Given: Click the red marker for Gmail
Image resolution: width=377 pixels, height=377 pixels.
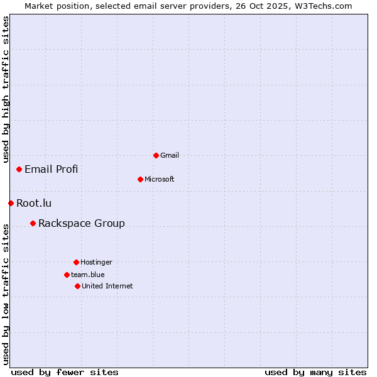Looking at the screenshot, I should (x=156, y=155).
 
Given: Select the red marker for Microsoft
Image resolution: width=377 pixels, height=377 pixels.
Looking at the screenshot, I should (x=140, y=179).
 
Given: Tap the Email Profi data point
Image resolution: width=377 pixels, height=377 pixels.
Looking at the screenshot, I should (x=19, y=169).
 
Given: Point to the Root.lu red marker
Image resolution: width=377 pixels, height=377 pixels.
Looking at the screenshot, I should (x=11, y=203).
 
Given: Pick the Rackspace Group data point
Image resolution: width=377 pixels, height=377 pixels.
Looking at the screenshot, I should (x=33, y=223).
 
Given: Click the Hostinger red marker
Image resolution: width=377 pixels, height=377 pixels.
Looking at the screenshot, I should (x=76, y=262).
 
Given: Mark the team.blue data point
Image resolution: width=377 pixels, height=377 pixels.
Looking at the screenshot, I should (x=67, y=275).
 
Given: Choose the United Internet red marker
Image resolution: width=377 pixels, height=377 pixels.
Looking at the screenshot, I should (x=77, y=286).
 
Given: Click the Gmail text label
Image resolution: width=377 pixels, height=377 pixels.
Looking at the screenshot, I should (x=170, y=155).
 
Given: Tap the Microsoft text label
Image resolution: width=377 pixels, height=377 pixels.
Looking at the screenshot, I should (x=160, y=179).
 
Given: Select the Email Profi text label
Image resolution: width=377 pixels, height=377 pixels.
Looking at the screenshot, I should (x=52, y=169).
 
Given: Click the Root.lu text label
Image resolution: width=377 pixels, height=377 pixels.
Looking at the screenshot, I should (x=34, y=203).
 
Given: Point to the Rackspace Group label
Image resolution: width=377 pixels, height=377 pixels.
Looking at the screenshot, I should (x=82, y=223).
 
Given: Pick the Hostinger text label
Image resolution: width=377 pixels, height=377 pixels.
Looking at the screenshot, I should (x=96, y=262).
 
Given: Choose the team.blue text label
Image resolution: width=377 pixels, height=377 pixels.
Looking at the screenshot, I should (x=88, y=275).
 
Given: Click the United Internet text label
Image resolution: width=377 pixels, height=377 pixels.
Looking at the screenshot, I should (x=107, y=286).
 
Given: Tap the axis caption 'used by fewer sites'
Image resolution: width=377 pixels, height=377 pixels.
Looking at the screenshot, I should (x=65, y=372).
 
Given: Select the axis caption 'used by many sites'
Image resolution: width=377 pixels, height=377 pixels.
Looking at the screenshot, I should (x=315, y=372).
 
